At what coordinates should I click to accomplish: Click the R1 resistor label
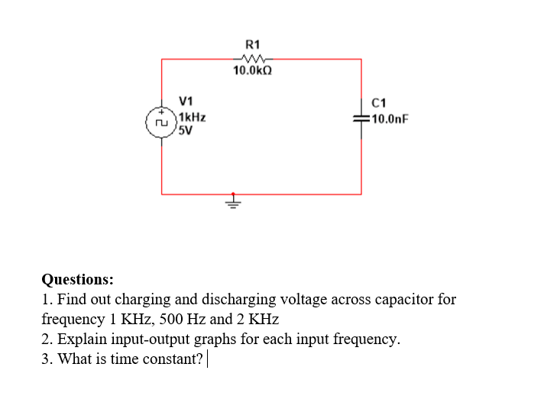coord(252,44)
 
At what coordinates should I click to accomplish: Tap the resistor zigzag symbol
coord(252,59)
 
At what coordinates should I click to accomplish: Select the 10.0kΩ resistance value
coord(253,71)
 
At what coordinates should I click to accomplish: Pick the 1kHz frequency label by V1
coord(191,118)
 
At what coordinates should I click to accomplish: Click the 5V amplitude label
coord(185,130)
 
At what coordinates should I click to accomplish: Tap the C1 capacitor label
coord(378,103)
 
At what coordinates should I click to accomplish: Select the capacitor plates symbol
coord(361,119)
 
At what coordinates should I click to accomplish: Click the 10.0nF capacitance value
coord(388,119)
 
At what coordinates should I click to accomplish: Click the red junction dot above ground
coord(234,193)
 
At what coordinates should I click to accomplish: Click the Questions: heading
coord(77,279)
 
